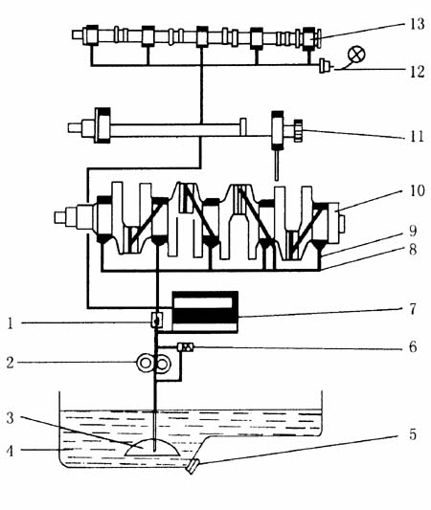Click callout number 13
417,24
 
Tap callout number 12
417,72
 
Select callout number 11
417,136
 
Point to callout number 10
417,190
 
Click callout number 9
413,231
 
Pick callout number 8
413,250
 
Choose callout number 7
413,309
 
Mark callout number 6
413,347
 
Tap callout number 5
413,434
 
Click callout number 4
11,451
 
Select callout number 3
11,418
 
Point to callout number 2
11,363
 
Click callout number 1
11,323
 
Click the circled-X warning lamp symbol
356,55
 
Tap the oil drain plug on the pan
193,466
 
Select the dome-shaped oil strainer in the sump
152,447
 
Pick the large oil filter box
205,312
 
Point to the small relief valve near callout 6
185,347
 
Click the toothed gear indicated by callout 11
298,131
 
